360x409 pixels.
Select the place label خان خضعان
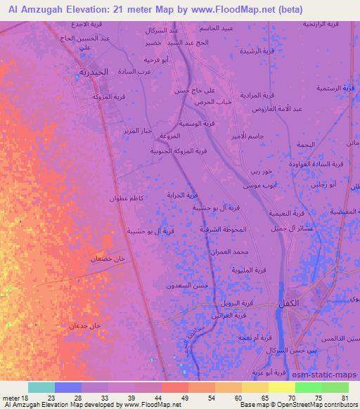pos(107,259)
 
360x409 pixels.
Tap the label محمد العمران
pos(233,252)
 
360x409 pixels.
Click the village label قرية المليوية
pos(250,270)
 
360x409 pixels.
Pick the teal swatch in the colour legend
pos(41,387)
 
